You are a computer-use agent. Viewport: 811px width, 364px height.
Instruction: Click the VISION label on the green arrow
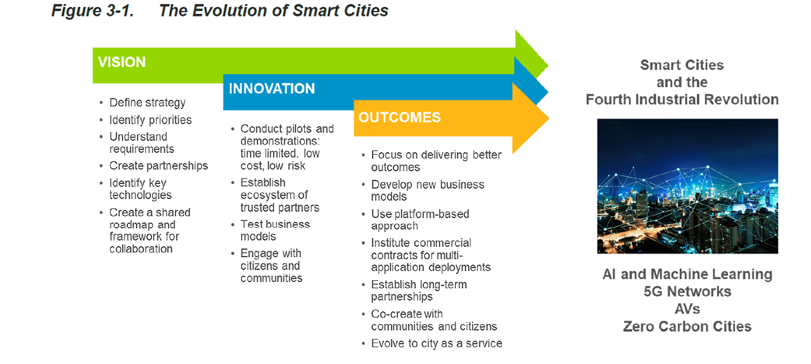point(122,62)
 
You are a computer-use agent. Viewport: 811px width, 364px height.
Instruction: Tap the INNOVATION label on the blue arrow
point(272,88)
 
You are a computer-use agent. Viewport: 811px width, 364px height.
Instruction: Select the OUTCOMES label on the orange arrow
point(399,117)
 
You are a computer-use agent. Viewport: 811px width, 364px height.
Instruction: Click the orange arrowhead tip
point(549,119)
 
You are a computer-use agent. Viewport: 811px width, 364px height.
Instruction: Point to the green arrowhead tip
point(548,66)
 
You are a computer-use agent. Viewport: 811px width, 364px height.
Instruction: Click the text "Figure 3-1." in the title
point(93,11)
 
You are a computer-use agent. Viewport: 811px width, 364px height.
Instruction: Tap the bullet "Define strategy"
point(148,103)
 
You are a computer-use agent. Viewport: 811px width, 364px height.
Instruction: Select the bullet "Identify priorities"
point(150,120)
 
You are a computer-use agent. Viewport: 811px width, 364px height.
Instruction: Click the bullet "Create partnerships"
point(158,166)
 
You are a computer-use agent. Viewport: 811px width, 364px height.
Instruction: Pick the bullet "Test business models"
point(275,230)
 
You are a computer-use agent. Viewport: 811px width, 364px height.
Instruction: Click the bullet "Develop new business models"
point(428,190)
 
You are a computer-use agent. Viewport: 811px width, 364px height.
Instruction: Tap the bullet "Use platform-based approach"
point(420,219)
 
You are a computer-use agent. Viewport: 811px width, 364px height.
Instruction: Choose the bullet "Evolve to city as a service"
point(437,343)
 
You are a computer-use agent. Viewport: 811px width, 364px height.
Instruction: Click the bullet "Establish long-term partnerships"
point(419,290)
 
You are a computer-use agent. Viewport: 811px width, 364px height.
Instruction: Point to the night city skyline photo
point(687,186)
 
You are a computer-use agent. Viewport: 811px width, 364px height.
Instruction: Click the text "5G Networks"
point(687,292)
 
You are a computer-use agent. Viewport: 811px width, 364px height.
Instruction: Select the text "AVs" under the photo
point(687,309)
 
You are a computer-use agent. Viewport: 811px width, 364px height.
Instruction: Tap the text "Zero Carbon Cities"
point(687,327)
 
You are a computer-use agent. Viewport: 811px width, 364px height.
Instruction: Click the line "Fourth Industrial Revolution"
point(682,100)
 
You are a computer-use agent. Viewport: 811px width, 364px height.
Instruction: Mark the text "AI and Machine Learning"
point(687,275)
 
